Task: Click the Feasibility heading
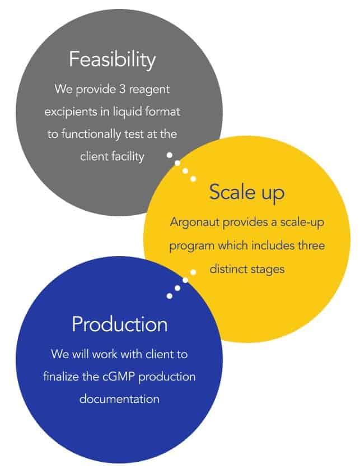click(112, 60)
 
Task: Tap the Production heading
click(120, 324)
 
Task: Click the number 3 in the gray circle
click(122, 89)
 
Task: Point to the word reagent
click(149, 90)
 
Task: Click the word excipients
click(71, 112)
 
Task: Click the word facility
click(128, 156)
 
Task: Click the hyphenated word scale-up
click(302, 222)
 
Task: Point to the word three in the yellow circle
click(311, 245)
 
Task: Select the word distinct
click(227, 268)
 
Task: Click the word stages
click(267, 270)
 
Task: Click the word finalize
click(61, 377)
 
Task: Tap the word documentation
click(119, 399)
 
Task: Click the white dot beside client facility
click(170, 155)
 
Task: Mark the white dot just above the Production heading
click(170, 296)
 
